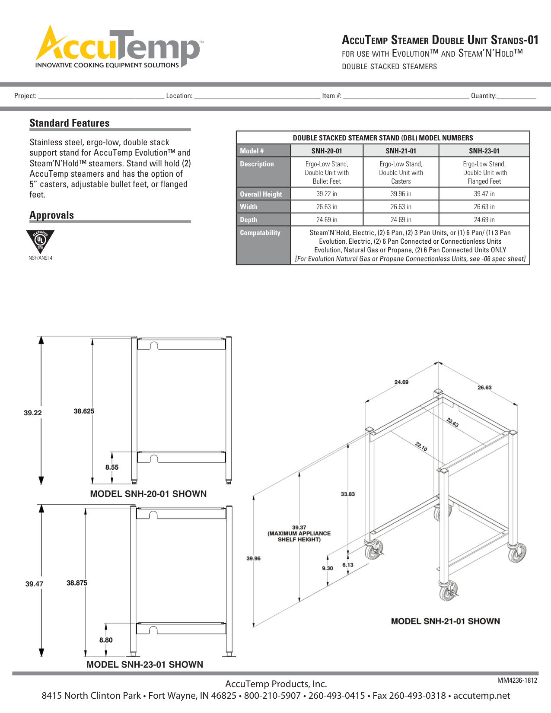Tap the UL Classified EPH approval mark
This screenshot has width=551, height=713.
pos(40,241)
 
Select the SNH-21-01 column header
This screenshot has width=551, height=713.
pos(401,151)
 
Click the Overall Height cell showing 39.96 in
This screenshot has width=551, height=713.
pos(401,194)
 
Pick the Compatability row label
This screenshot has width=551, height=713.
pos(260,233)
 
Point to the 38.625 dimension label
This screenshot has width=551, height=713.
pos(84,411)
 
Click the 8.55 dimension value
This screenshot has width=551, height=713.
pos(112,467)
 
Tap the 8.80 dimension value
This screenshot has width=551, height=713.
pos(106,640)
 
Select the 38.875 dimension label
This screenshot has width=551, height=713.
pos(77,583)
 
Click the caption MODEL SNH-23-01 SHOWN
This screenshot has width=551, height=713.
pos(145,665)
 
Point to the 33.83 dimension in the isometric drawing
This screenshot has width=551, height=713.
pos(348,494)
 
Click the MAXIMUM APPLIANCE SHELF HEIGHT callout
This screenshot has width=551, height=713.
pos(299,534)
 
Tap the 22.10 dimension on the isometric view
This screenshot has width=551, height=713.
pos(421,446)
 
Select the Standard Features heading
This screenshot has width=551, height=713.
pos(70,123)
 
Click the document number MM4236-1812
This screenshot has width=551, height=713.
pos(517,681)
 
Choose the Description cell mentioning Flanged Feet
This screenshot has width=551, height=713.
pos(484,172)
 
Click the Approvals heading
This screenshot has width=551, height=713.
pos(52,215)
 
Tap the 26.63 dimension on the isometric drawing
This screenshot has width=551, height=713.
pos(484,388)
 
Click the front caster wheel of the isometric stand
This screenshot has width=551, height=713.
pos(448,592)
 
